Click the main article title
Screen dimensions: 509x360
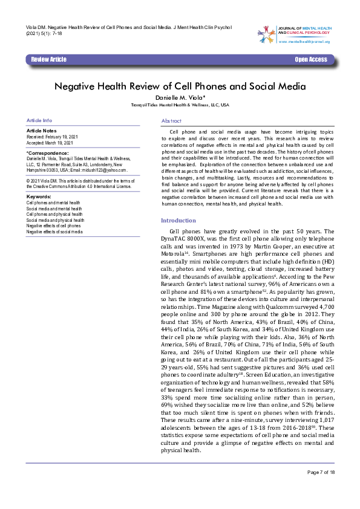click(180, 86)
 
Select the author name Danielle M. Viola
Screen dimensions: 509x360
click(180, 97)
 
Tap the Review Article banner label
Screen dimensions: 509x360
click(49, 59)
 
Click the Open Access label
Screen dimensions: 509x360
click(310, 59)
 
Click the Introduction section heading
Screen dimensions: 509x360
click(178, 221)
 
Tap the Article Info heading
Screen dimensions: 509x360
click(39, 121)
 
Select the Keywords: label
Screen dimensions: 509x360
click(39, 196)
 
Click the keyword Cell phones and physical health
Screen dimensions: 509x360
click(54, 214)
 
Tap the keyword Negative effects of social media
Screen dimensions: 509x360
click(55, 232)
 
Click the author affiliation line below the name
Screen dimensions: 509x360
click(180, 105)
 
